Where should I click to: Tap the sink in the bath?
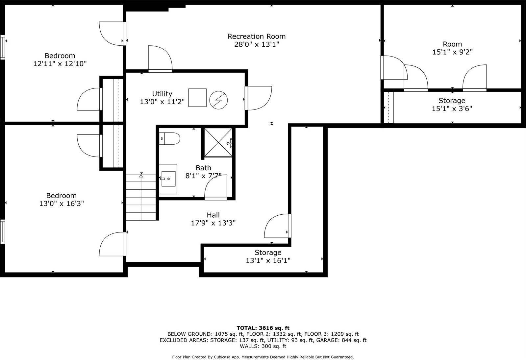point(168,179)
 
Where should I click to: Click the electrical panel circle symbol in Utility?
point(219,100)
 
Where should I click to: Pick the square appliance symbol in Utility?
point(197,98)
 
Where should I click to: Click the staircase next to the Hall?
point(141,197)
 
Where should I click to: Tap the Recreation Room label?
point(257,36)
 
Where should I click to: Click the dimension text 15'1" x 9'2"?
point(452,52)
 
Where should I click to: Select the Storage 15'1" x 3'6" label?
point(452,101)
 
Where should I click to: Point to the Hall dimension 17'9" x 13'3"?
point(213,223)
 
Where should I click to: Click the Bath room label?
point(203,168)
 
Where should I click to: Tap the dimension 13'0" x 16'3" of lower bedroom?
point(62,204)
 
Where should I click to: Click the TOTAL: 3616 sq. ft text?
point(263,328)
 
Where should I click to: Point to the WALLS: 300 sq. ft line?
point(263,346)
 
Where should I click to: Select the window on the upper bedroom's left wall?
point(3,47)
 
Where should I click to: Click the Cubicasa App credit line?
point(263,357)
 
